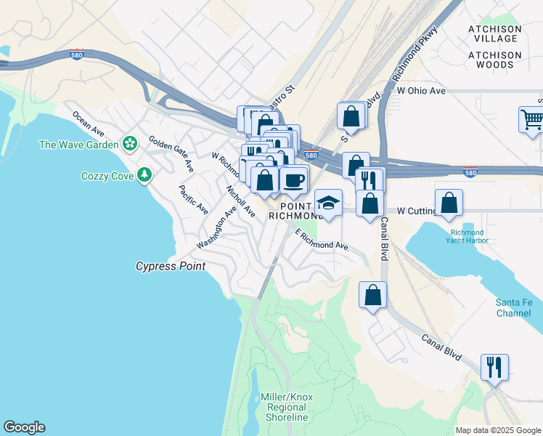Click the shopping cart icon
[x=532, y=119]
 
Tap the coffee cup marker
[x=294, y=178]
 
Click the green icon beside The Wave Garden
[x=129, y=144]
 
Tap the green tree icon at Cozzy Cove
[x=145, y=175]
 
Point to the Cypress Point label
[x=171, y=267]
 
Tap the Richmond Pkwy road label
[x=415, y=55]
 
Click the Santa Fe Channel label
[x=518, y=307]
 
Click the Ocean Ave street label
[x=89, y=124]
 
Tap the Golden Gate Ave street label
[x=171, y=153]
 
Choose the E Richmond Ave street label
[x=322, y=241]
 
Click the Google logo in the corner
[x=24, y=427]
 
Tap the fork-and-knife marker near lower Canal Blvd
[x=494, y=367]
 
